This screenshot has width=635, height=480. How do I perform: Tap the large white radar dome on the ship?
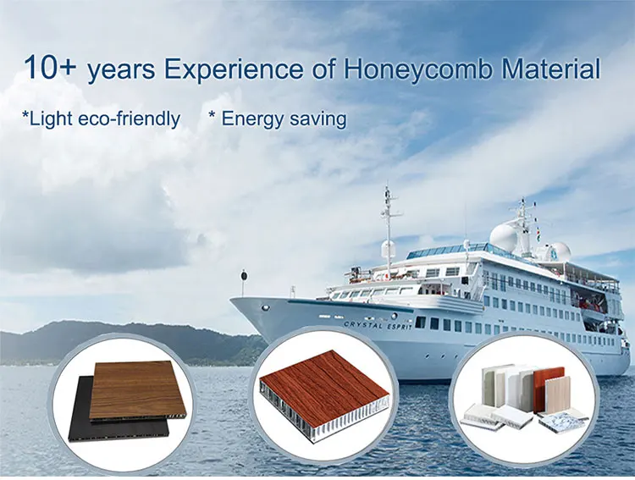tap(504, 236)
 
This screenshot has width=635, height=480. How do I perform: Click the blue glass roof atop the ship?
tap(449, 251)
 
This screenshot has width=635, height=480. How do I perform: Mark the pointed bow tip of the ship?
tap(234, 300)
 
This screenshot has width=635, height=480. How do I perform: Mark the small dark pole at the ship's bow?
tap(244, 281)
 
